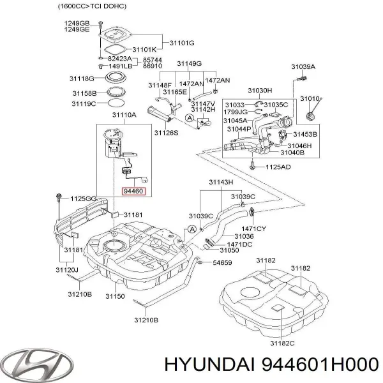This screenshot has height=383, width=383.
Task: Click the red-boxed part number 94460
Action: click(133, 190)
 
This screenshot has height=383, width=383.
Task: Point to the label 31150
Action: click(115, 297)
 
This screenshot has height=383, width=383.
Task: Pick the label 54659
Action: click(223, 262)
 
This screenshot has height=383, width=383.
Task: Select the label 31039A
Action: click(303, 67)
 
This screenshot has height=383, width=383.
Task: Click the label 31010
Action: click(312, 99)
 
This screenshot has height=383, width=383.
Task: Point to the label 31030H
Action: click(260, 91)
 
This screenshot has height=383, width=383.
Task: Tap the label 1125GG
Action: click(84, 199)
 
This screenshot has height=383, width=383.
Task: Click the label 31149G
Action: click(189, 64)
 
